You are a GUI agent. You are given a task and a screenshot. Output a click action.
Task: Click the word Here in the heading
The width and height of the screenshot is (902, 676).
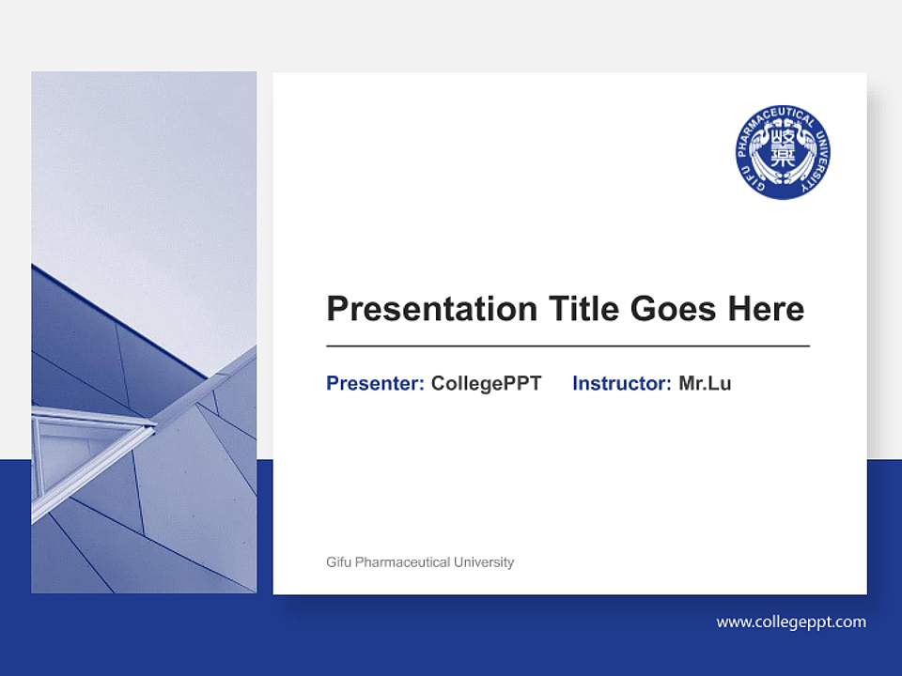click(x=764, y=309)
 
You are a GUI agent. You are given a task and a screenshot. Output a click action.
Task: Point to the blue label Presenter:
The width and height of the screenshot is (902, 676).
click(x=375, y=383)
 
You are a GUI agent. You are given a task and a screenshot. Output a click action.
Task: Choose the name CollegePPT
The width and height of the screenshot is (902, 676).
click(x=486, y=383)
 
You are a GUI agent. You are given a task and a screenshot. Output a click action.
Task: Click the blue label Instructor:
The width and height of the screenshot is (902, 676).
click(x=621, y=383)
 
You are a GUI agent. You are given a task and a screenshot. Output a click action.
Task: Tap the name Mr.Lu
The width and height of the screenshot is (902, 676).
click(x=705, y=383)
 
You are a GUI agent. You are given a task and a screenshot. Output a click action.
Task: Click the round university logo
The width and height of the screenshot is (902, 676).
click(x=783, y=152)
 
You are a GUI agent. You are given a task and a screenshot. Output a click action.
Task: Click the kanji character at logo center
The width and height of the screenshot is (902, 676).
click(x=783, y=150)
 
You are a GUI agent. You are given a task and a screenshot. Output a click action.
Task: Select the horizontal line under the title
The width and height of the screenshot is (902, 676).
click(x=568, y=346)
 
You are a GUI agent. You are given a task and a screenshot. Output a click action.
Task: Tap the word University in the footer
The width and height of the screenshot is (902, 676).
click(x=484, y=562)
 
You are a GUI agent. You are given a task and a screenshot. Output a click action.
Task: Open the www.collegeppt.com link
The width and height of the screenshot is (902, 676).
click(x=791, y=622)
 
